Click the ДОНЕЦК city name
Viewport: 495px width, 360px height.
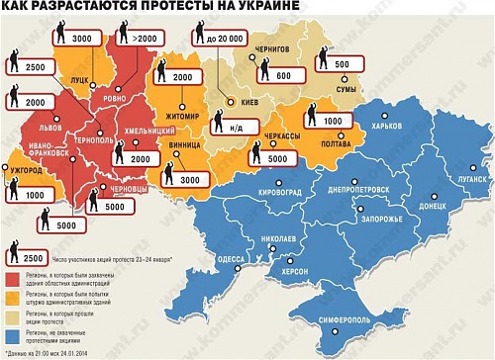pos(433,208)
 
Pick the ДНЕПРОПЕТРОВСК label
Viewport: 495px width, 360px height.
pos(355,185)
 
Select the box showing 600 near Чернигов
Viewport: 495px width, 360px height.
pos(283,75)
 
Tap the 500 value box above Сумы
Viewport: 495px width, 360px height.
pos(343,64)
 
